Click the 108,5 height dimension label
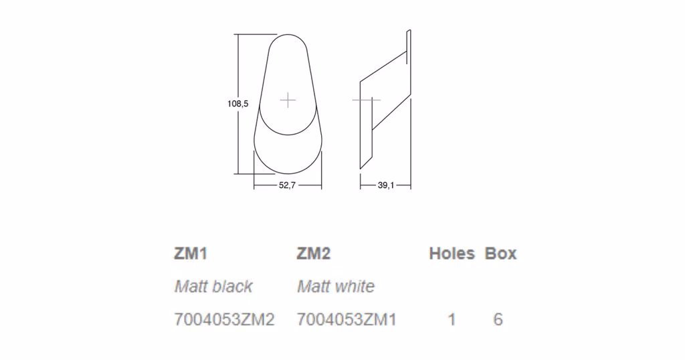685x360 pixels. pos(237,104)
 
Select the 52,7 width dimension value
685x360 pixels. pos(287,185)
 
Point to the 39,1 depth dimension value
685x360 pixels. pos(386,185)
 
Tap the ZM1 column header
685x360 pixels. pos(191,254)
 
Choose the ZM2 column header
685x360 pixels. pos(314,254)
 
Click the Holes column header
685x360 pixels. pos(452,254)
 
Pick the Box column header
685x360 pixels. pos(500,254)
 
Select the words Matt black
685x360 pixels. pos(213,286)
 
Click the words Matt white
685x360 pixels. pos(336,286)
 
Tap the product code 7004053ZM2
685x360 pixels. pos(225,319)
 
